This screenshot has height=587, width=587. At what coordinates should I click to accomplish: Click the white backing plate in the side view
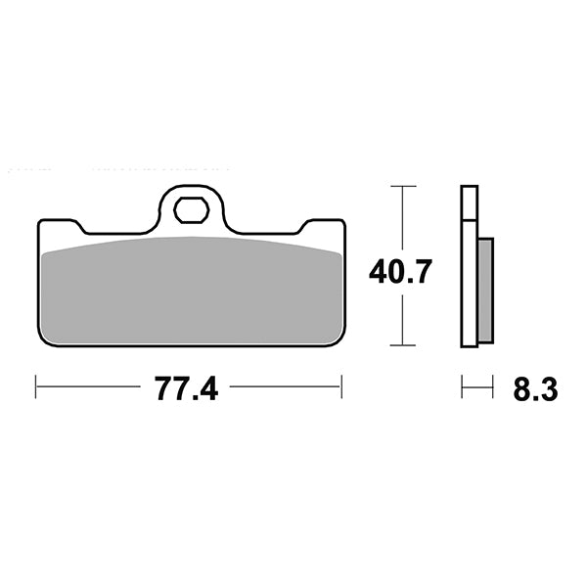click(469, 264)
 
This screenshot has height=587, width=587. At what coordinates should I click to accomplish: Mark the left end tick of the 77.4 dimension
click(36, 387)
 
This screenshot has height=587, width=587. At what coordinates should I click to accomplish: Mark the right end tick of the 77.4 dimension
click(341, 387)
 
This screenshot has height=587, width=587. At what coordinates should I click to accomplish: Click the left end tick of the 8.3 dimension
click(462, 388)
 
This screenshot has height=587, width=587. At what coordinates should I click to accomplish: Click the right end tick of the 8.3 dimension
click(492, 388)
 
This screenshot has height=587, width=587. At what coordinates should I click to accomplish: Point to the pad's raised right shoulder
click(323, 222)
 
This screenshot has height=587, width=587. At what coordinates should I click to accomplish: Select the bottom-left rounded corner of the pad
click(43, 339)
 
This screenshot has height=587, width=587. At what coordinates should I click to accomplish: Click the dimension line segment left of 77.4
click(88, 387)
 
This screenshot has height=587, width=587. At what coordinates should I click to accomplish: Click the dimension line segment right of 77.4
click(284, 387)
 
